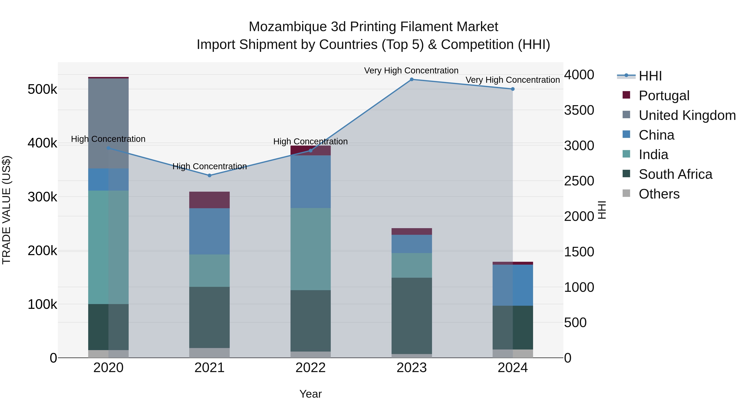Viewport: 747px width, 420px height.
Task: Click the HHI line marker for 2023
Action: [x=411, y=79]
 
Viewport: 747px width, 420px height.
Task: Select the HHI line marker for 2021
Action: [x=209, y=175]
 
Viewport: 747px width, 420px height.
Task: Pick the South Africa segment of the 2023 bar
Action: [x=411, y=316]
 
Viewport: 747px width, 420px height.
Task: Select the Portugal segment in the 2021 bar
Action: [x=209, y=200]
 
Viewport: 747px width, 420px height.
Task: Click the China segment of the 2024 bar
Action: [x=513, y=285]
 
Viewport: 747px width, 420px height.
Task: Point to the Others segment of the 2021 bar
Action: [x=209, y=353]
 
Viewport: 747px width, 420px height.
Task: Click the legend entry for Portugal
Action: [x=664, y=96]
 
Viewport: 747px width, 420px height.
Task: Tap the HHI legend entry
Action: [x=650, y=76]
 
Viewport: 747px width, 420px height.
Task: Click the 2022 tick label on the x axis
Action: [x=311, y=368]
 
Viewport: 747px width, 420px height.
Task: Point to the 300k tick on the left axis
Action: [x=42, y=197]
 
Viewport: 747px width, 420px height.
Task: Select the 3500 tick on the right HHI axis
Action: [x=579, y=110]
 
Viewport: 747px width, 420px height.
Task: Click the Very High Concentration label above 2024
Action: [x=512, y=80]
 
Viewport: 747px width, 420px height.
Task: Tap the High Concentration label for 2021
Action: [x=209, y=166]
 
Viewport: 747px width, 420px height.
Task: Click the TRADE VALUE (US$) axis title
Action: [x=6, y=210]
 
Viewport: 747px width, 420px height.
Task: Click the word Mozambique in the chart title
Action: [x=287, y=27]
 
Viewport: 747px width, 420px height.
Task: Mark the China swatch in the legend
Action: [x=626, y=134]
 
